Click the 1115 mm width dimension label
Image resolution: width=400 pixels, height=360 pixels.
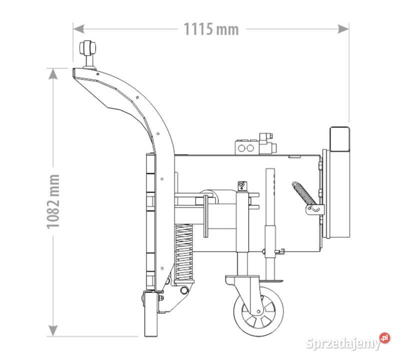[x=211, y=29]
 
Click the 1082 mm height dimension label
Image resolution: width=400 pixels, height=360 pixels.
[x=53, y=201]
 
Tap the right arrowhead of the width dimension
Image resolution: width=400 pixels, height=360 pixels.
[x=343, y=29]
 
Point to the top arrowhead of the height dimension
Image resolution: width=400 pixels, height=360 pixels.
[x=53, y=73]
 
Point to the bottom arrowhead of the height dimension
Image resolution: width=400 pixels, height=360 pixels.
[x=53, y=331]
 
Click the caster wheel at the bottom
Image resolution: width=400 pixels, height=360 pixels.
[x=258, y=311]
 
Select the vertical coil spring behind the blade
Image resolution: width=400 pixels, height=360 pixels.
[x=183, y=252]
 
